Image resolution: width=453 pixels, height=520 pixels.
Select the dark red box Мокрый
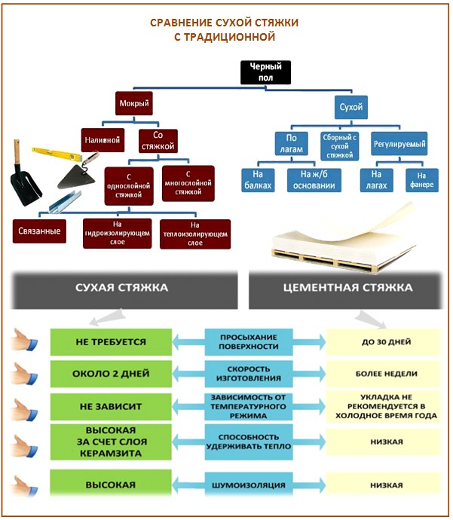136,102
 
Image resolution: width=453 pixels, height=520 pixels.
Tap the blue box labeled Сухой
351,107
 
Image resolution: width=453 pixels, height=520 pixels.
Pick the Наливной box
102,139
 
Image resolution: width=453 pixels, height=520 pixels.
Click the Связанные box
38,228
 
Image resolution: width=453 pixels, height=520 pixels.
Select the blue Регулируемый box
399,142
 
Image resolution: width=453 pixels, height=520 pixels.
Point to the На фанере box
423,180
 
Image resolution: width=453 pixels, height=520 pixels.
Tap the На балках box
257,180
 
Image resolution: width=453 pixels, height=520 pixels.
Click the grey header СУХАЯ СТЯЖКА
123,288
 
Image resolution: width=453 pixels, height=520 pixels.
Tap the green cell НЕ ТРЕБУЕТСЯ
111,341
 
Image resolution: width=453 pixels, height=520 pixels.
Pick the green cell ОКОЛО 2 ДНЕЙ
111,374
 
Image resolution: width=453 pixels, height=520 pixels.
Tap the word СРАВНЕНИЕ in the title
181,22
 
